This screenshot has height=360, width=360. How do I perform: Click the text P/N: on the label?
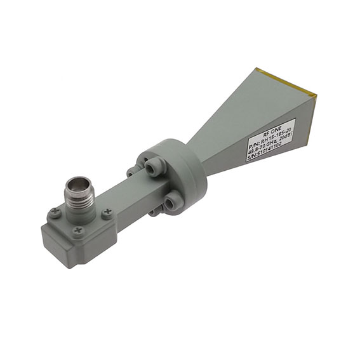pyautogui.click(x=252, y=150)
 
